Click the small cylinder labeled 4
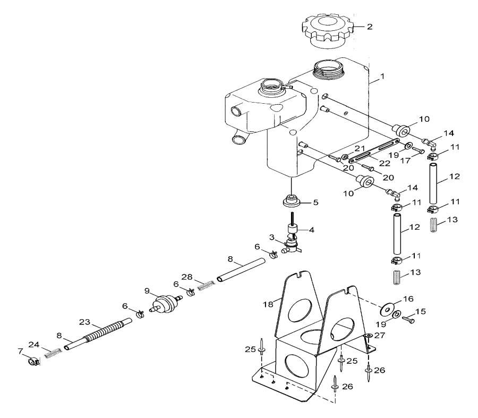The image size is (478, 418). pos(292,230)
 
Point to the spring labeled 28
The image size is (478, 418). pos(206,287)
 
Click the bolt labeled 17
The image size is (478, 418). pos(417,151)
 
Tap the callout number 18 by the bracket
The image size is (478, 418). pos(268,304)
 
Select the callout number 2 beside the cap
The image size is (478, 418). pos(370,26)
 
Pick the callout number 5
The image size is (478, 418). pos(315,202)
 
